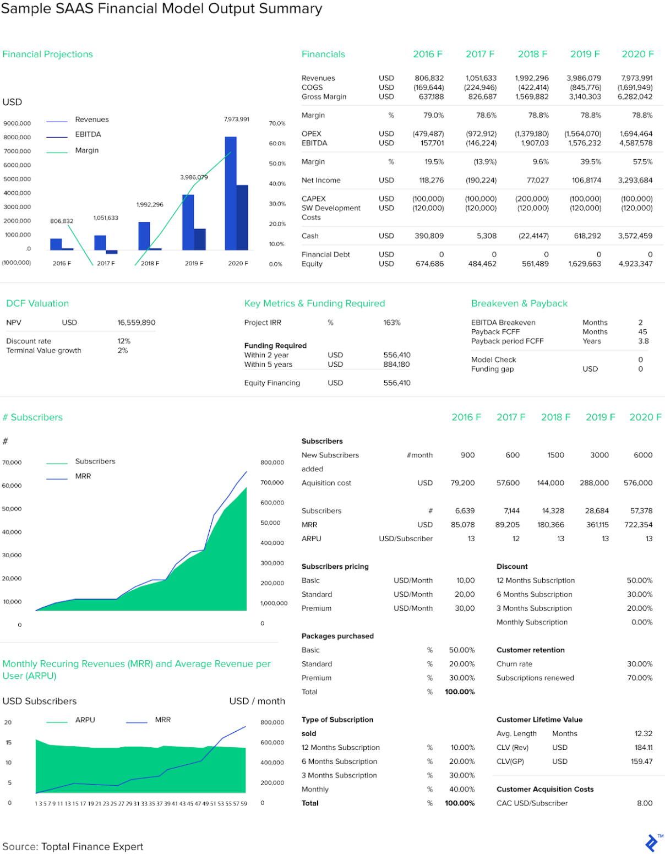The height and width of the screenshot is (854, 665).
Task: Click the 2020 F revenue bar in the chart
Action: click(231, 193)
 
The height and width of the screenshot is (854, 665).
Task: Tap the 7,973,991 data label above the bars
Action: click(236, 119)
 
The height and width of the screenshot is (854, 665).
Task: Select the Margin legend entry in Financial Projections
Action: click(86, 150)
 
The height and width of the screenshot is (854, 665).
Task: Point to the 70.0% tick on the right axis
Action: click(277, 123)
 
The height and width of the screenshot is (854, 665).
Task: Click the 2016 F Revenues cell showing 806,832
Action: click(429, 78)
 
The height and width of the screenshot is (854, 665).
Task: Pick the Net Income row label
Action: click(321, 180)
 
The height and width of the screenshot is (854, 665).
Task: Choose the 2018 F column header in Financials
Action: click(532, 54)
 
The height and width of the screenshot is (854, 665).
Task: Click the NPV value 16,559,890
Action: click(136, 323)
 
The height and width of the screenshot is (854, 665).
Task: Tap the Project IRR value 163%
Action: click(392, 323)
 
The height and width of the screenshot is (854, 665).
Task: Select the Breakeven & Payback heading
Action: click(519, 303)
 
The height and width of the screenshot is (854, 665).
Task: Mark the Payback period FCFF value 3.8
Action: click(643, 341)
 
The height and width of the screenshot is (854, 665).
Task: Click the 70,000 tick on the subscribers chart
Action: click(12, 463)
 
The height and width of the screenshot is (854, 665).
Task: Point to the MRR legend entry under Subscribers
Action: click(83, 476)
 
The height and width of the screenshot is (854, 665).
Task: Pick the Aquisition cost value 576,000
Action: click(638, 483)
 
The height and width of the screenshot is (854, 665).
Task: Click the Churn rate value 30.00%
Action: click(640, 664)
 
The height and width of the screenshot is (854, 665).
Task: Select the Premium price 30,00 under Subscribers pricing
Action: click(465, 608)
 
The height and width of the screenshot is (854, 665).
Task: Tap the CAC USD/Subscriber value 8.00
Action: click(645, 803)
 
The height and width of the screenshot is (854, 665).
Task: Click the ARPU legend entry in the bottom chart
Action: click(85, 720)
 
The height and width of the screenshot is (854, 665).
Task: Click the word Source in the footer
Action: click(19, 847)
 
